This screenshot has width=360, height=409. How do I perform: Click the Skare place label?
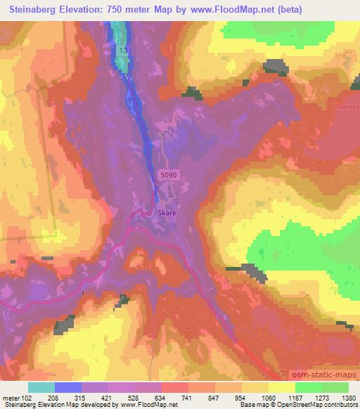point(167,211)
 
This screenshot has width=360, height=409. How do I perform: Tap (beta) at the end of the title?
point(337,10)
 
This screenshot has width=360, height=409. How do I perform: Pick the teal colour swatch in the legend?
point(41,387)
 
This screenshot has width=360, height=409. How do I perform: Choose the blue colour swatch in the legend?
point(67,387)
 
